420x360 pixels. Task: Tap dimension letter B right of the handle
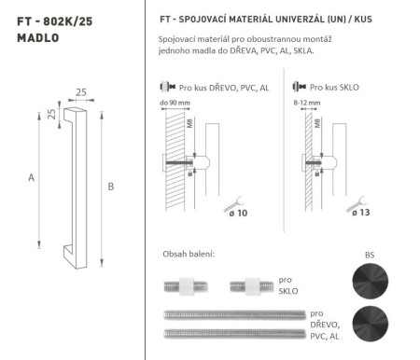pyautogui.click(x=110, y=187)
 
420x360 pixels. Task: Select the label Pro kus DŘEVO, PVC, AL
pyautogui.click(x=217, y=87)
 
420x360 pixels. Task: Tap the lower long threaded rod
pyautogui.click(x=233, y=332)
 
